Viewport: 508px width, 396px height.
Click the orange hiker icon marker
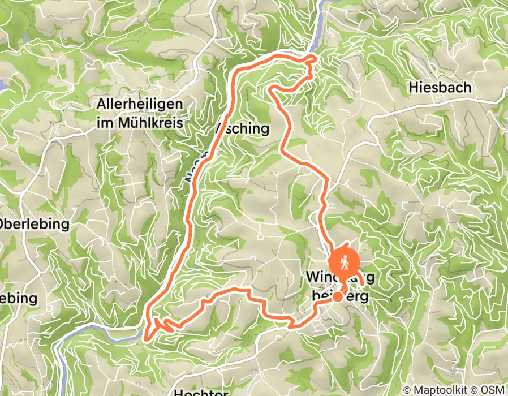pyautogui.click(x=344, y=262)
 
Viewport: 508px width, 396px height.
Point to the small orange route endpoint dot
pyautogui.click(x=337, y=296)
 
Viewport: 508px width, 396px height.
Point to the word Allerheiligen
pyautogui.click(x=140, y=105)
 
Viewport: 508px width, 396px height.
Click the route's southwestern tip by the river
pyautogui.click(x=148, y=339)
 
